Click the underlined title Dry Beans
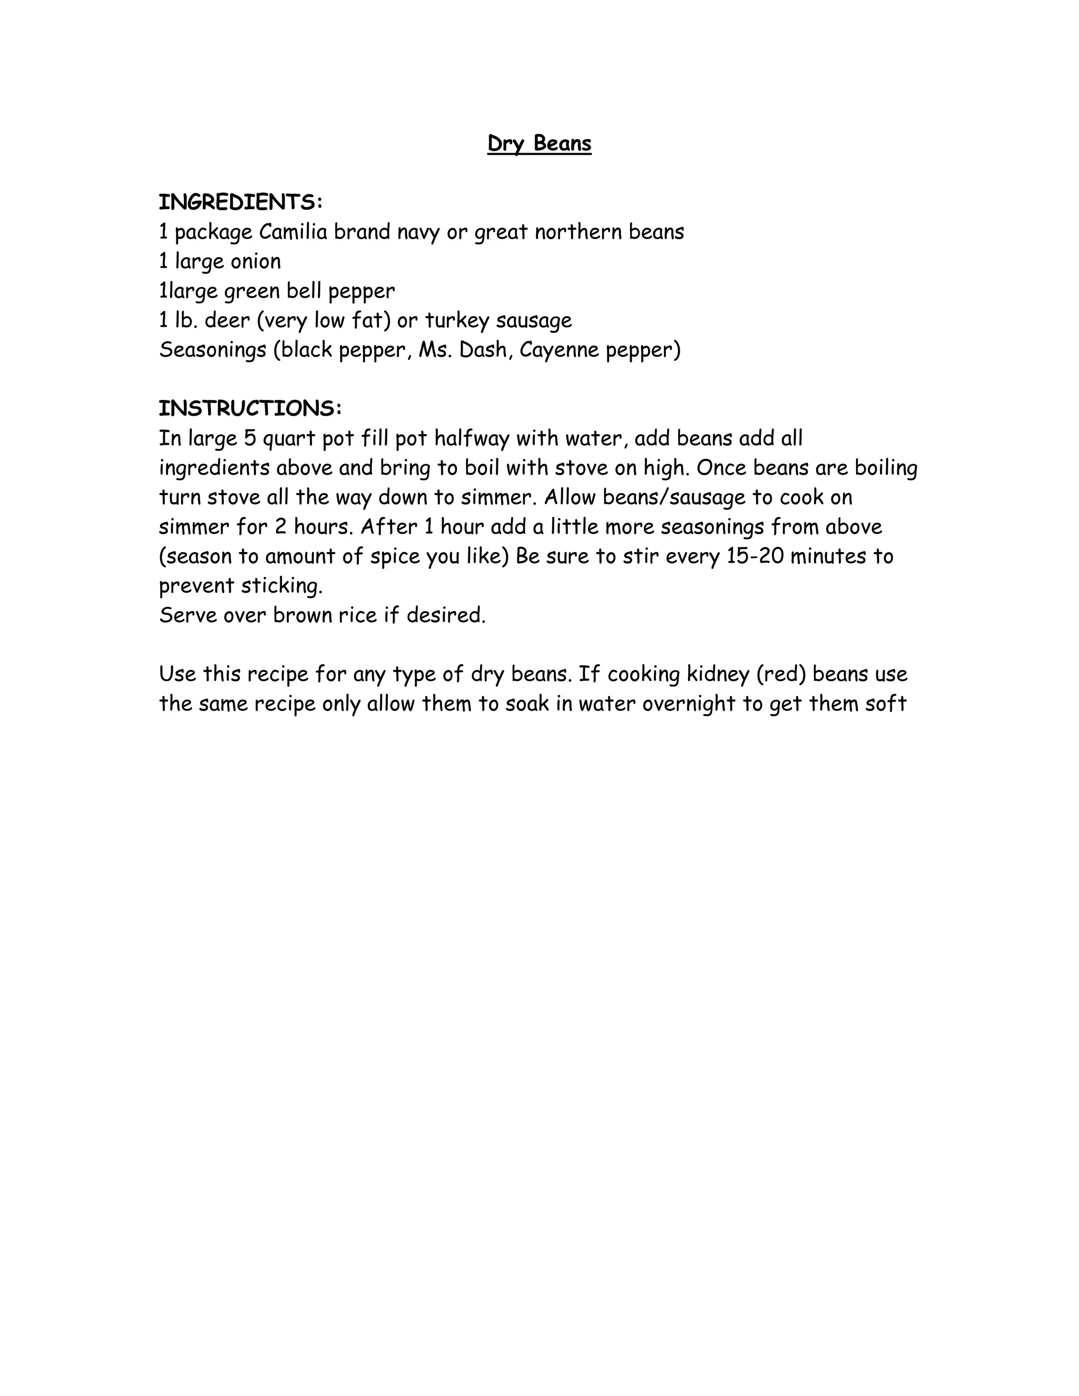coord(539,143)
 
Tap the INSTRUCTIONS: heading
coord(250,408)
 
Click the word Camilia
coord(293,231)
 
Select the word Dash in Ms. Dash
coord(484,350)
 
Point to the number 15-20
coord(755,556)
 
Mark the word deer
coord(227,320)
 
